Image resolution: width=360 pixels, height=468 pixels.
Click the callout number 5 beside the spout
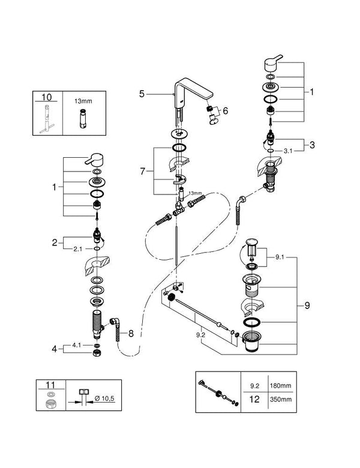[142, 93]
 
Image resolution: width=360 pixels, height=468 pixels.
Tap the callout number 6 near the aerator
[226, 110]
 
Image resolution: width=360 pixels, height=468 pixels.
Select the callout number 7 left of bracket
[142, 172]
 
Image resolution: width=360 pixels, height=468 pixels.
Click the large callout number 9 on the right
[307, 305]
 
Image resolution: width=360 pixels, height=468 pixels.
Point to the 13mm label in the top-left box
[82, 103]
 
